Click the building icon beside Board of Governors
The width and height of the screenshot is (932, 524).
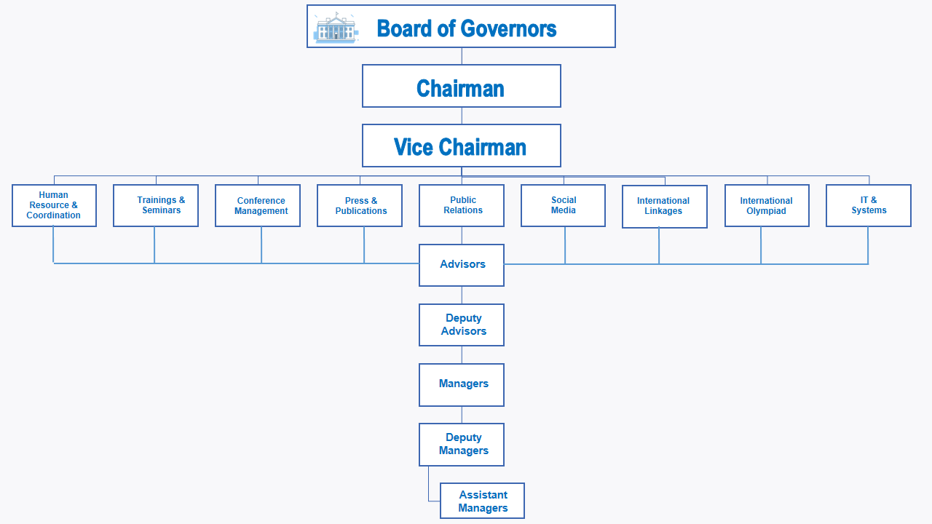tap(336, 28)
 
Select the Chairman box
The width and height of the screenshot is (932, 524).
tap(462, 86)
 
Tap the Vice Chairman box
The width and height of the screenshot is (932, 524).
tap(462, 146)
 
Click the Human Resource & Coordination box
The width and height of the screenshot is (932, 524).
tap(54, 205)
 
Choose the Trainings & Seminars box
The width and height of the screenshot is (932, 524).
tap(156, 205)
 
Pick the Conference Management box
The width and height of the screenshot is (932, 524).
tap(258, 205)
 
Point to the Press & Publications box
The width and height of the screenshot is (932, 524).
tap(360, 205)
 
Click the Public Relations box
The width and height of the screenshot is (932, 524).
tap(462, 205)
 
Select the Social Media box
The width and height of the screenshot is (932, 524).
tap(563, 205)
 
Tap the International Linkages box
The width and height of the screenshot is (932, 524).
tap(665, 206)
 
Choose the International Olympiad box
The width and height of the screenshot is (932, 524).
tap(767, 205)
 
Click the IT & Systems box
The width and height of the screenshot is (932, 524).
tap(869, 205)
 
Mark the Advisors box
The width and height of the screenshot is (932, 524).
tap(462, 266)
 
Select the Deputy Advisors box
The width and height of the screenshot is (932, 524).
tap(462, 325)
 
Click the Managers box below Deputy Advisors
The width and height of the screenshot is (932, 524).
tap(462, 385)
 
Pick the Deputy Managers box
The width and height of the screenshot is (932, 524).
tap(462, 445)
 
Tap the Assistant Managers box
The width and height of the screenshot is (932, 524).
tap(482, 501)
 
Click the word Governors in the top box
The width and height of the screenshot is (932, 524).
tap(508, 28)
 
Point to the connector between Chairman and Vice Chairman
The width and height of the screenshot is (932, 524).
tap(462, 116)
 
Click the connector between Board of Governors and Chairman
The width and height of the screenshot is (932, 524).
tap(462, 56)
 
